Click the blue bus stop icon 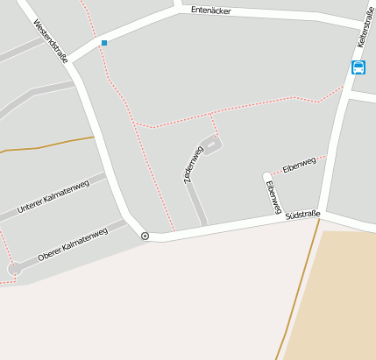click(x=358, y=67)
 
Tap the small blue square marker click(x=104, y=42)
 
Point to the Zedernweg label click(x=193, y=164)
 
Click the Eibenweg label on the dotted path click(x=299, y=164)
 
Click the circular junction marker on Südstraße click(x=145, y=236)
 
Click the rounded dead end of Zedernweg click(x=214, y=142)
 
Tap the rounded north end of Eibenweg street click(x=266, y=176)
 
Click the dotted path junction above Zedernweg click(x=212, y=113)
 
